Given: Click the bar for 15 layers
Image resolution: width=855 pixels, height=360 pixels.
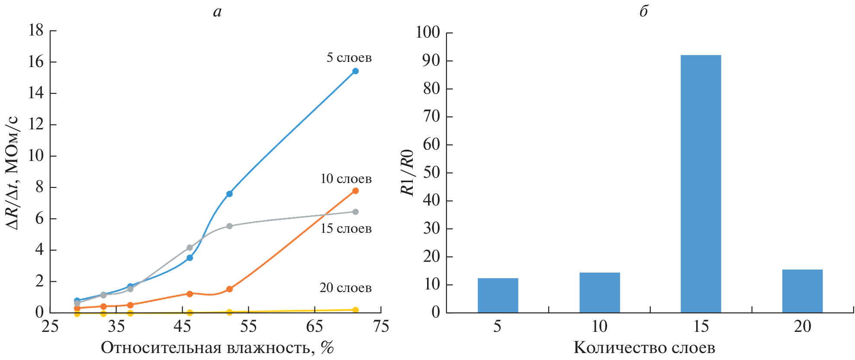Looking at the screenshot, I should coord(701,183).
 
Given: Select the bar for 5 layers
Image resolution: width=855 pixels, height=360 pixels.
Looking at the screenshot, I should coord(498,295).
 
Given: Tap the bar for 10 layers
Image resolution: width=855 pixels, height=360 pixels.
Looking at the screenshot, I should coord(599,292).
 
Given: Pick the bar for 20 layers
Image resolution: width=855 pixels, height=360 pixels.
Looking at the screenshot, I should coord(802,291).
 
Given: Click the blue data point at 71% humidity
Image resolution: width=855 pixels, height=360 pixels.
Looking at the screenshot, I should coord(355,71).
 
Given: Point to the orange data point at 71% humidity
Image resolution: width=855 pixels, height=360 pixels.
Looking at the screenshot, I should coord(355,191).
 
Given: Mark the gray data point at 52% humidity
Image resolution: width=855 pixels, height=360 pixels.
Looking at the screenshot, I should coord(229,226).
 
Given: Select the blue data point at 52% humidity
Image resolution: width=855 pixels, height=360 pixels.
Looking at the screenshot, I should coord(229,194).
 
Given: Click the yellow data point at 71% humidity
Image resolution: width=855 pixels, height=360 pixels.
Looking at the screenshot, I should coord(355,310).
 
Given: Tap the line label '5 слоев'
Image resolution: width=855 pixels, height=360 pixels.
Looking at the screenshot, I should coord(349,58).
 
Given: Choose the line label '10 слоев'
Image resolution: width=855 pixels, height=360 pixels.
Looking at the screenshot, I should coord(346,179).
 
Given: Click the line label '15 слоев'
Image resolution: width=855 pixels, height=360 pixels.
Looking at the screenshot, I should coord(346,228).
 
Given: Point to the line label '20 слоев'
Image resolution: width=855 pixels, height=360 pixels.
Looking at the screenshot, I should coord(345,288).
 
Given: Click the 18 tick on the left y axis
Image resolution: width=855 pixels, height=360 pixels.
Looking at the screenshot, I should coord(36,30).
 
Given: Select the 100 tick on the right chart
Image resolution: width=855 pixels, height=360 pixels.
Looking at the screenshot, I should coord(427,32).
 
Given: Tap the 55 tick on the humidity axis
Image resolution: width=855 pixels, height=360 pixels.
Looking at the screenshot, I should coord(248,326).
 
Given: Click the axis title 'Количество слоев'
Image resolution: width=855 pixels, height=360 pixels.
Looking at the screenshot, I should coord(644,347).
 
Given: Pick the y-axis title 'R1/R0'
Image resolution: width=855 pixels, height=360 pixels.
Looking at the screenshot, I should coord(408,173).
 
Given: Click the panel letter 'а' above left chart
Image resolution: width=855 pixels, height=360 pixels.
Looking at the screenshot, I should coord(217,12).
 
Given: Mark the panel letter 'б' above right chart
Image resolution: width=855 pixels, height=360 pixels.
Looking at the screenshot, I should coord(643,11).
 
